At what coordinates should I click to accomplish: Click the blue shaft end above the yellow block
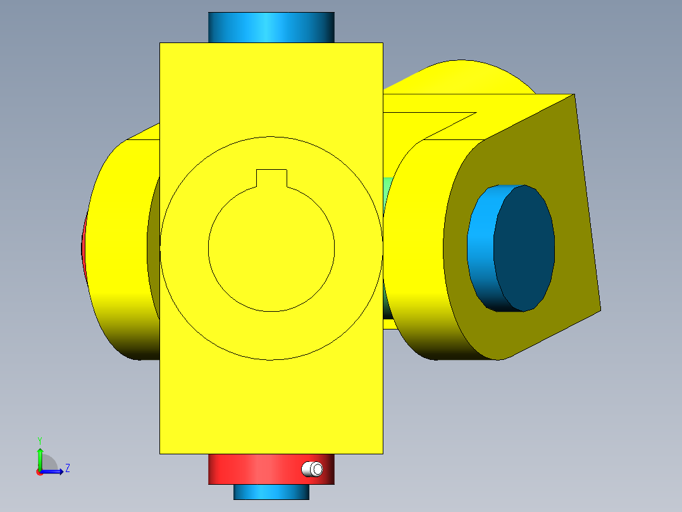pos(271,27)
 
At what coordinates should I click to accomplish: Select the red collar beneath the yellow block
pos(253,470)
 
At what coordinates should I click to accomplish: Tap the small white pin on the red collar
pos(312,469)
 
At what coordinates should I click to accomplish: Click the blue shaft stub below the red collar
pos(271,492)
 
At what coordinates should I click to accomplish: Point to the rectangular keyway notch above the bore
pos(271,179)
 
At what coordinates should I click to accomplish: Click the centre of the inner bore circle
pos(271,248)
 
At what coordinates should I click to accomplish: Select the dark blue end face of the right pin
pos(524,248)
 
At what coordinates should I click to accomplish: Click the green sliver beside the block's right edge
pos(387,190)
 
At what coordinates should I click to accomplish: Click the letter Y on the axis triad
pos(39,439)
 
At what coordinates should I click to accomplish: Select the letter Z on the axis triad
pos(67,468)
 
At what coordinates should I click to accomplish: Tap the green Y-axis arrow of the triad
pos(39,458)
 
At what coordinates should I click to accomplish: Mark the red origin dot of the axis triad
pos(39,471)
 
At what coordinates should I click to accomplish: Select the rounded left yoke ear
pos(120,253)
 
